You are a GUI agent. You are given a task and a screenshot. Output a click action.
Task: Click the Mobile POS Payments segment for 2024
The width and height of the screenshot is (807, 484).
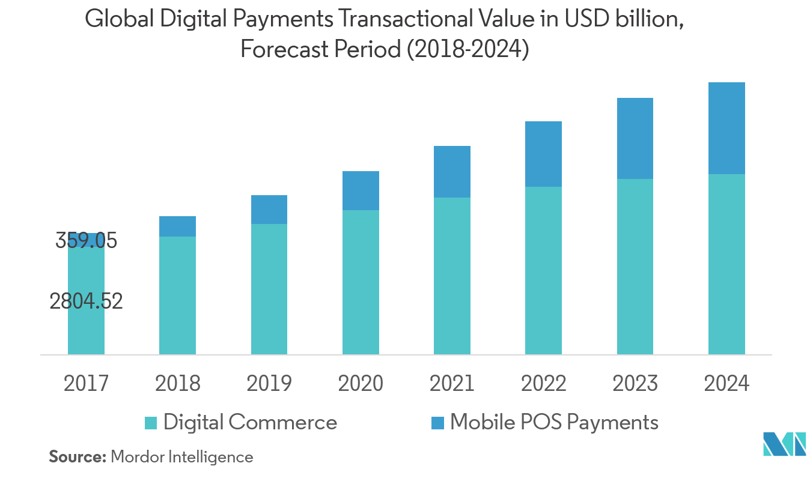(x=726, y=128)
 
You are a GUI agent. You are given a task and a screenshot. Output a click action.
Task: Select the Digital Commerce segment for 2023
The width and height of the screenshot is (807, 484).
(x=635, y=267)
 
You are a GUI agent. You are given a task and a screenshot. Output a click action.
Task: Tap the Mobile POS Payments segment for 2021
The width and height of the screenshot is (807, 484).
(x=452, y=172)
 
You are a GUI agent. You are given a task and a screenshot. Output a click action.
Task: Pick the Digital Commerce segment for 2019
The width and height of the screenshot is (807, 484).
(x=269, y=289)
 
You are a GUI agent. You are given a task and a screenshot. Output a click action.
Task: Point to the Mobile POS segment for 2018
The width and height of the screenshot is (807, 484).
(x=177, y=226)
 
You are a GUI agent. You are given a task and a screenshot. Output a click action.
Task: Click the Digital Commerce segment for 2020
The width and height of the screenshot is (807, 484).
(x=361, y=282)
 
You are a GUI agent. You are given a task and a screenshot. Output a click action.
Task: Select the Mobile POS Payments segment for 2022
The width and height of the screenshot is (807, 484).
(x=543, y=154)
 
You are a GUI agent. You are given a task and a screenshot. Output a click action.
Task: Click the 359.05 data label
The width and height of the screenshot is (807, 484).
(x=87, y=241)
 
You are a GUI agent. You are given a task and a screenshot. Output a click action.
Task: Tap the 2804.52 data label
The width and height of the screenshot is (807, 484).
(x=86, y=301)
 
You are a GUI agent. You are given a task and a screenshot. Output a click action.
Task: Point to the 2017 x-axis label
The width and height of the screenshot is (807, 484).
(x=86, y=383)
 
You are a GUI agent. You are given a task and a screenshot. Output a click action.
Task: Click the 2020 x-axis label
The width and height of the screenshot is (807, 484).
(x=361, y=383)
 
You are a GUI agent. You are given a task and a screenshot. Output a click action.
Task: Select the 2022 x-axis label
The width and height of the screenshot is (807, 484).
(x=543, y=383)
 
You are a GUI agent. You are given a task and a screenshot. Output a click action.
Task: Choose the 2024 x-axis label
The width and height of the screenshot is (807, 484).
(x=726, y=383)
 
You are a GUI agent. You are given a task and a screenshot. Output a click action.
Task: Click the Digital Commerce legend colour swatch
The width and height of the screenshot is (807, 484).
(x=151, y=423)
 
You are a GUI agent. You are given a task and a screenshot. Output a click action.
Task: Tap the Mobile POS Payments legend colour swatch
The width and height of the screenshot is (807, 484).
(x=437, y=423)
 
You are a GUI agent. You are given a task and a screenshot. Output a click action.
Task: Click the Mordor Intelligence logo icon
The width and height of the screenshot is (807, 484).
(x=784, y=444)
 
